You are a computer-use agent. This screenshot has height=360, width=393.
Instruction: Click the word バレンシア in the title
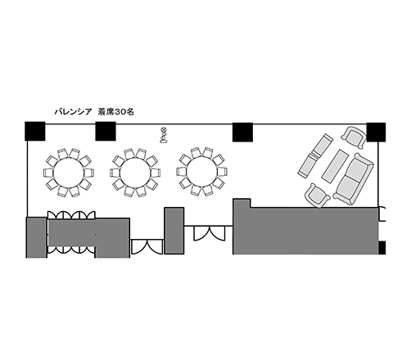(73, 112)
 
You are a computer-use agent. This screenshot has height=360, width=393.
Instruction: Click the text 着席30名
(116, 112)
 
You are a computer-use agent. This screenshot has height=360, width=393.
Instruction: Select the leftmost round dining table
(69, 173)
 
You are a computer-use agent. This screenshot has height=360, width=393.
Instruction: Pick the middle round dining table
(135, 173)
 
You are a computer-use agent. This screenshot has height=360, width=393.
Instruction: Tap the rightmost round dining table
(202, 172)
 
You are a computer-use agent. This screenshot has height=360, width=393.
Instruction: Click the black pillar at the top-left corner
(35, 131)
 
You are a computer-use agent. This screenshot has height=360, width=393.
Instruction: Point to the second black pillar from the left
(106, 131)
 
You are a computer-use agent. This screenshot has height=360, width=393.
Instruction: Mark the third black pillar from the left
(242, 133)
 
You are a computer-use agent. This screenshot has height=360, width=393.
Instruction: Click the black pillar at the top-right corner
(376, 133)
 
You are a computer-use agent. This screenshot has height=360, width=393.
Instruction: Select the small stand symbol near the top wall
(163, 135)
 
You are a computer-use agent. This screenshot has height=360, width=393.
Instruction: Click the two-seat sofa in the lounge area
(354, 179)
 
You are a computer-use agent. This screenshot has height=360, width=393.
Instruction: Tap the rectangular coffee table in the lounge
(335, 166)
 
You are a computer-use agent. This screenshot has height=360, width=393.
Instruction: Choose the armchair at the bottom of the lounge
(318, 196)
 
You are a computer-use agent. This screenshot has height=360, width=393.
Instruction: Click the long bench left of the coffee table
(315, 155)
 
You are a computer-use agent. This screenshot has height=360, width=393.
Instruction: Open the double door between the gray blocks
(147, 247)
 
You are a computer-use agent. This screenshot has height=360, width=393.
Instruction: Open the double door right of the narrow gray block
(210, 233)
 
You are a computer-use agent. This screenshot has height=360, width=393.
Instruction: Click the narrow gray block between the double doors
(174, 231)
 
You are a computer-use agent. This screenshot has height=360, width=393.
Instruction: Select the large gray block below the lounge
(305, 228)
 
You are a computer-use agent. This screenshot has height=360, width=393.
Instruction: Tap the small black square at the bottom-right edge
(382, 248)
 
